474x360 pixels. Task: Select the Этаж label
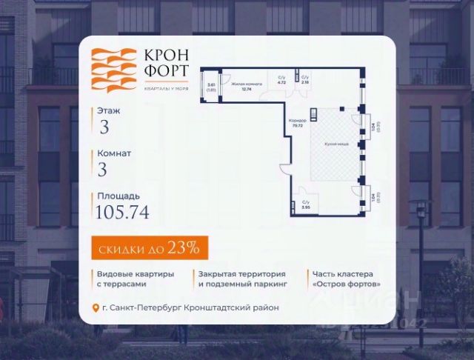[107, 110]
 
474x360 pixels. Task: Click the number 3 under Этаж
[104, 127]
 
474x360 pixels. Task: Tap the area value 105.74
[122, 213]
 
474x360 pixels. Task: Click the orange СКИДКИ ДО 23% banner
[144, 244]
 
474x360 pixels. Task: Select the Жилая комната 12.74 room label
[244, 87]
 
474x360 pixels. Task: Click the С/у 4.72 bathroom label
[281, 81]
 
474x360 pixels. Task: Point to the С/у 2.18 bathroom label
[305, 81]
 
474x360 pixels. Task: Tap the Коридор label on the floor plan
[298, 122]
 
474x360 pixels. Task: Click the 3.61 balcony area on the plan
[211, 87]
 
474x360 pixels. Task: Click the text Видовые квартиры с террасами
[136, 279]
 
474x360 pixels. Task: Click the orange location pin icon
[95, 308]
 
